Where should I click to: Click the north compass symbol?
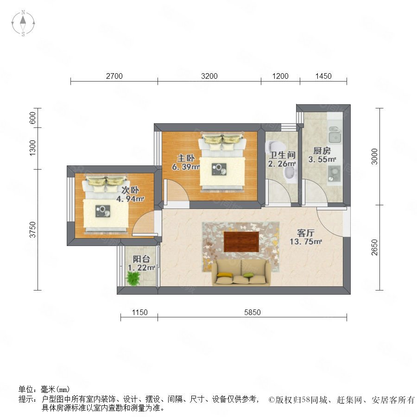23,23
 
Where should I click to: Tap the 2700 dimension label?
114,76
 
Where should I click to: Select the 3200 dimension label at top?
209,76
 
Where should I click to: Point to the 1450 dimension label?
323,76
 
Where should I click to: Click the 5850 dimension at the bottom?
253,312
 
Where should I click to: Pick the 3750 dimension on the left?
32,229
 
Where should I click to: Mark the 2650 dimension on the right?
374,247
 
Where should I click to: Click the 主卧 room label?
186,158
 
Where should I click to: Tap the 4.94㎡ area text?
130,199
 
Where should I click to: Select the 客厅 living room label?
306,233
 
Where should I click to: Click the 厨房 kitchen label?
322,151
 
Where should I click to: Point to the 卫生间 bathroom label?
282,155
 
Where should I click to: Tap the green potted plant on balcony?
133,278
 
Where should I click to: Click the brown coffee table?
241,241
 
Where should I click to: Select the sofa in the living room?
241,272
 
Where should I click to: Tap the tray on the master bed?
219,169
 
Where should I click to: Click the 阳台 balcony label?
141,259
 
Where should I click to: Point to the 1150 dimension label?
139,312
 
